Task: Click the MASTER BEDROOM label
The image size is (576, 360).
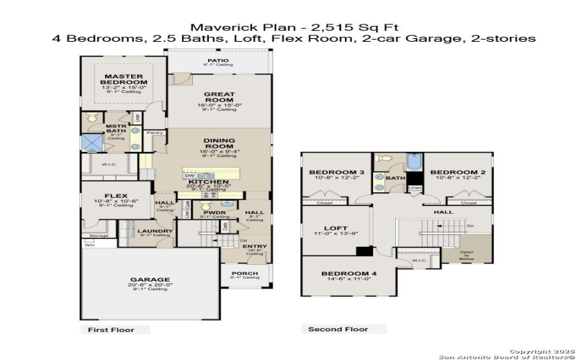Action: pos(124,79)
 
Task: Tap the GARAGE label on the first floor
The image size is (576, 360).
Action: pos(150,279)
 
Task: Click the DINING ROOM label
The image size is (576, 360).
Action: pos(217,143)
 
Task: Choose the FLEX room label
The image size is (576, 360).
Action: pos(116,196)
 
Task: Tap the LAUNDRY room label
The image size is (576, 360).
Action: pos(156,231)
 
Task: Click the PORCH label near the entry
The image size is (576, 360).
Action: pos(245,273)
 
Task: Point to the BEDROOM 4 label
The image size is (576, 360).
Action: pos(349,274)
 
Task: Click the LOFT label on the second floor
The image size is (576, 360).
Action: pos(336,228)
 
